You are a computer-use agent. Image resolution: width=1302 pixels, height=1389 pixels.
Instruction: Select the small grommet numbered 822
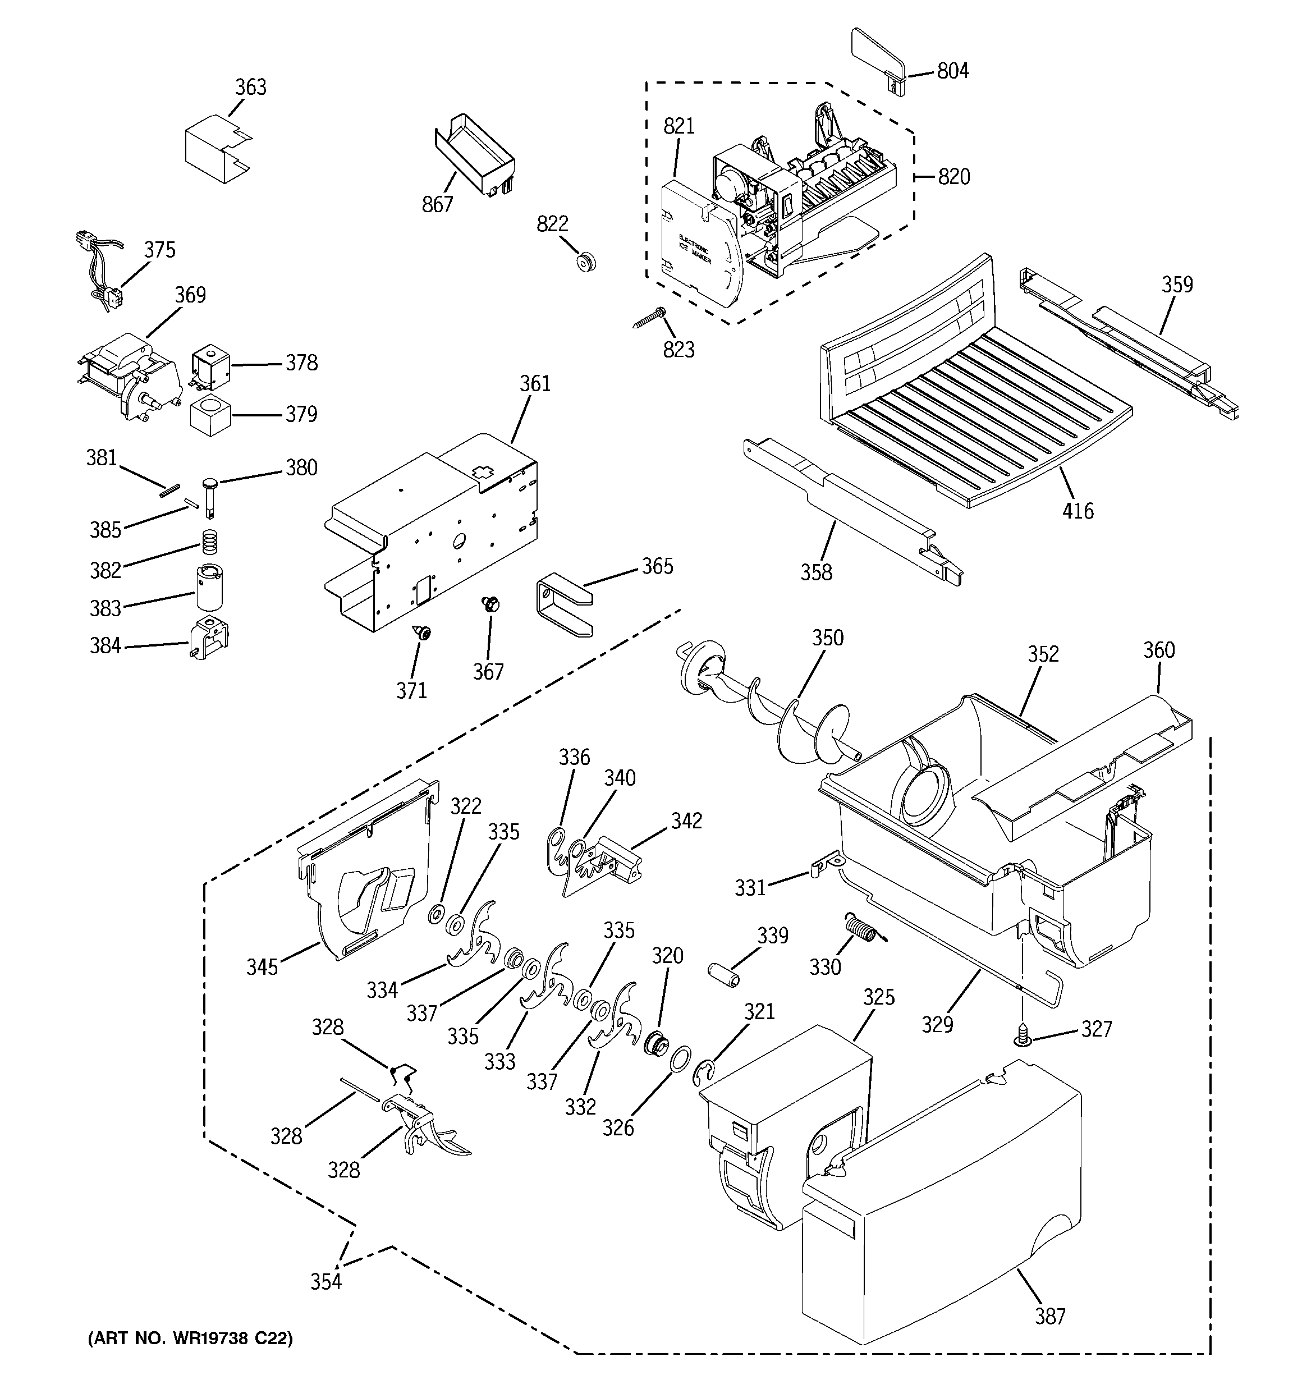586,262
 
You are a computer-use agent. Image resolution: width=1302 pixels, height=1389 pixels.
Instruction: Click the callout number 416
1078,511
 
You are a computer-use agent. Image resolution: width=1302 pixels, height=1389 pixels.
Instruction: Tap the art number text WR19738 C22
190,1338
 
